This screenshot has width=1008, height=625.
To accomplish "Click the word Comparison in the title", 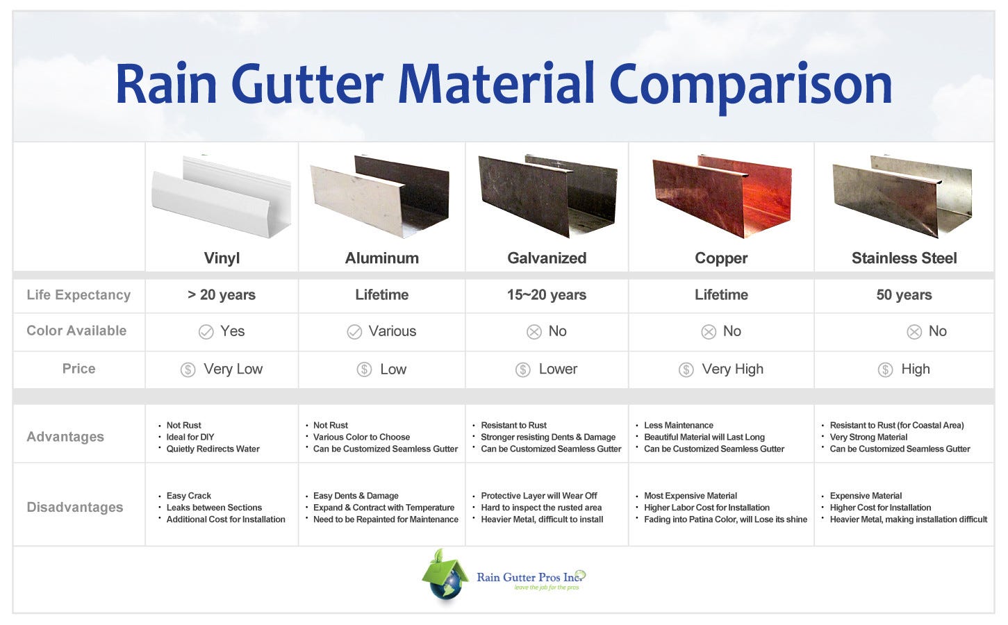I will tap(750, 85).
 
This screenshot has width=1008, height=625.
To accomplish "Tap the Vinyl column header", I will tap(222, 258).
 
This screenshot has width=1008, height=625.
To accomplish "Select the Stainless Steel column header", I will tap(904, 258).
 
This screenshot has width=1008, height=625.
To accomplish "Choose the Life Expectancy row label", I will tap(79, 295).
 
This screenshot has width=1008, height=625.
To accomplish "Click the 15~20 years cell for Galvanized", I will tap(546, 295).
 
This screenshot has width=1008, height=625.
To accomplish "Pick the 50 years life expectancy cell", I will tap(904, 295).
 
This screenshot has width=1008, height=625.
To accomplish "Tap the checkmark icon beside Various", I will tap(354, 332).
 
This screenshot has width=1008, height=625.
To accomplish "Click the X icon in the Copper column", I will tap(709, 332).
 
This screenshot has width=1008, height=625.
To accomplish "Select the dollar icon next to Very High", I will tap(686, 369).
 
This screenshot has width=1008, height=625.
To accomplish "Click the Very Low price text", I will tap(233, 369).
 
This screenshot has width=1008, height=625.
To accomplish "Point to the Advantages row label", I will tap(65, 437).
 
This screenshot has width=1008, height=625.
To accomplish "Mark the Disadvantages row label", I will tap(75, 508).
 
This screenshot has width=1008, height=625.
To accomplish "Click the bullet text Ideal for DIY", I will tap(190, 437).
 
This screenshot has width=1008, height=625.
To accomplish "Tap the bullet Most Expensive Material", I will tap(690, 496).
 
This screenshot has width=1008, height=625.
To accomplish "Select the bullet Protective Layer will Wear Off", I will tap(538, 496).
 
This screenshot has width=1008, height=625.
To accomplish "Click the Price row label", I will tap(79, 369).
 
